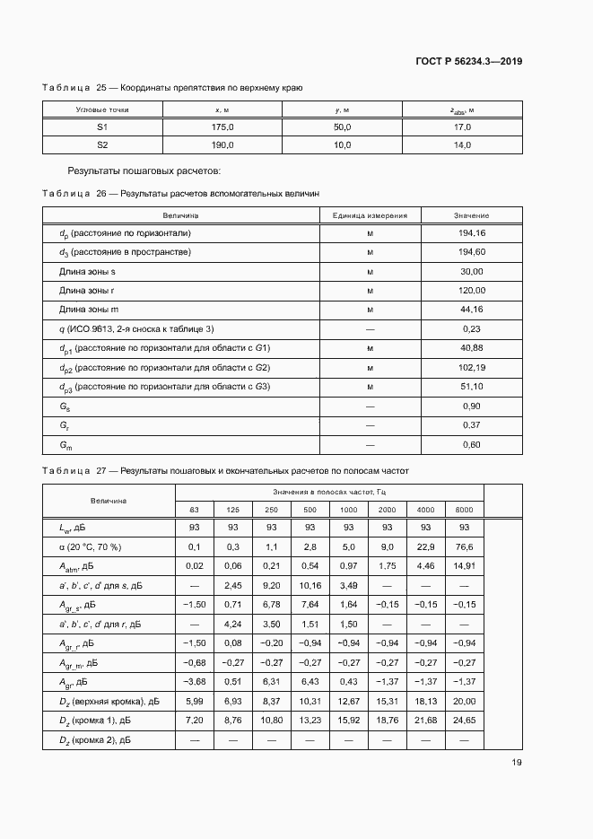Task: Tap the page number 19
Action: pos(516,763)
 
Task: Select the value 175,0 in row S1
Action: pos(222,127)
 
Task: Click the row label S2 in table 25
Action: pos(102,144)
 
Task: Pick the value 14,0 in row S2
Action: pos(462,144)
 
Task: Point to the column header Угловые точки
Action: pos(102,109)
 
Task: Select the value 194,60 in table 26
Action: pos(471,252)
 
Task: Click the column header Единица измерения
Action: pos(370,215)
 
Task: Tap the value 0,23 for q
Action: pos(472,328)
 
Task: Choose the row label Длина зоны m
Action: pos(86,310)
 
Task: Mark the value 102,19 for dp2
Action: pos(471,368)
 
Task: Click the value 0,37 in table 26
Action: pos(472,425)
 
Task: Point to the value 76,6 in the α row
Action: pos(464,546)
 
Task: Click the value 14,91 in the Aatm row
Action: pos(464,566)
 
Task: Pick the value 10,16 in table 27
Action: pos(310,585)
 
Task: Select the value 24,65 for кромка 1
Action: pos(464,721)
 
